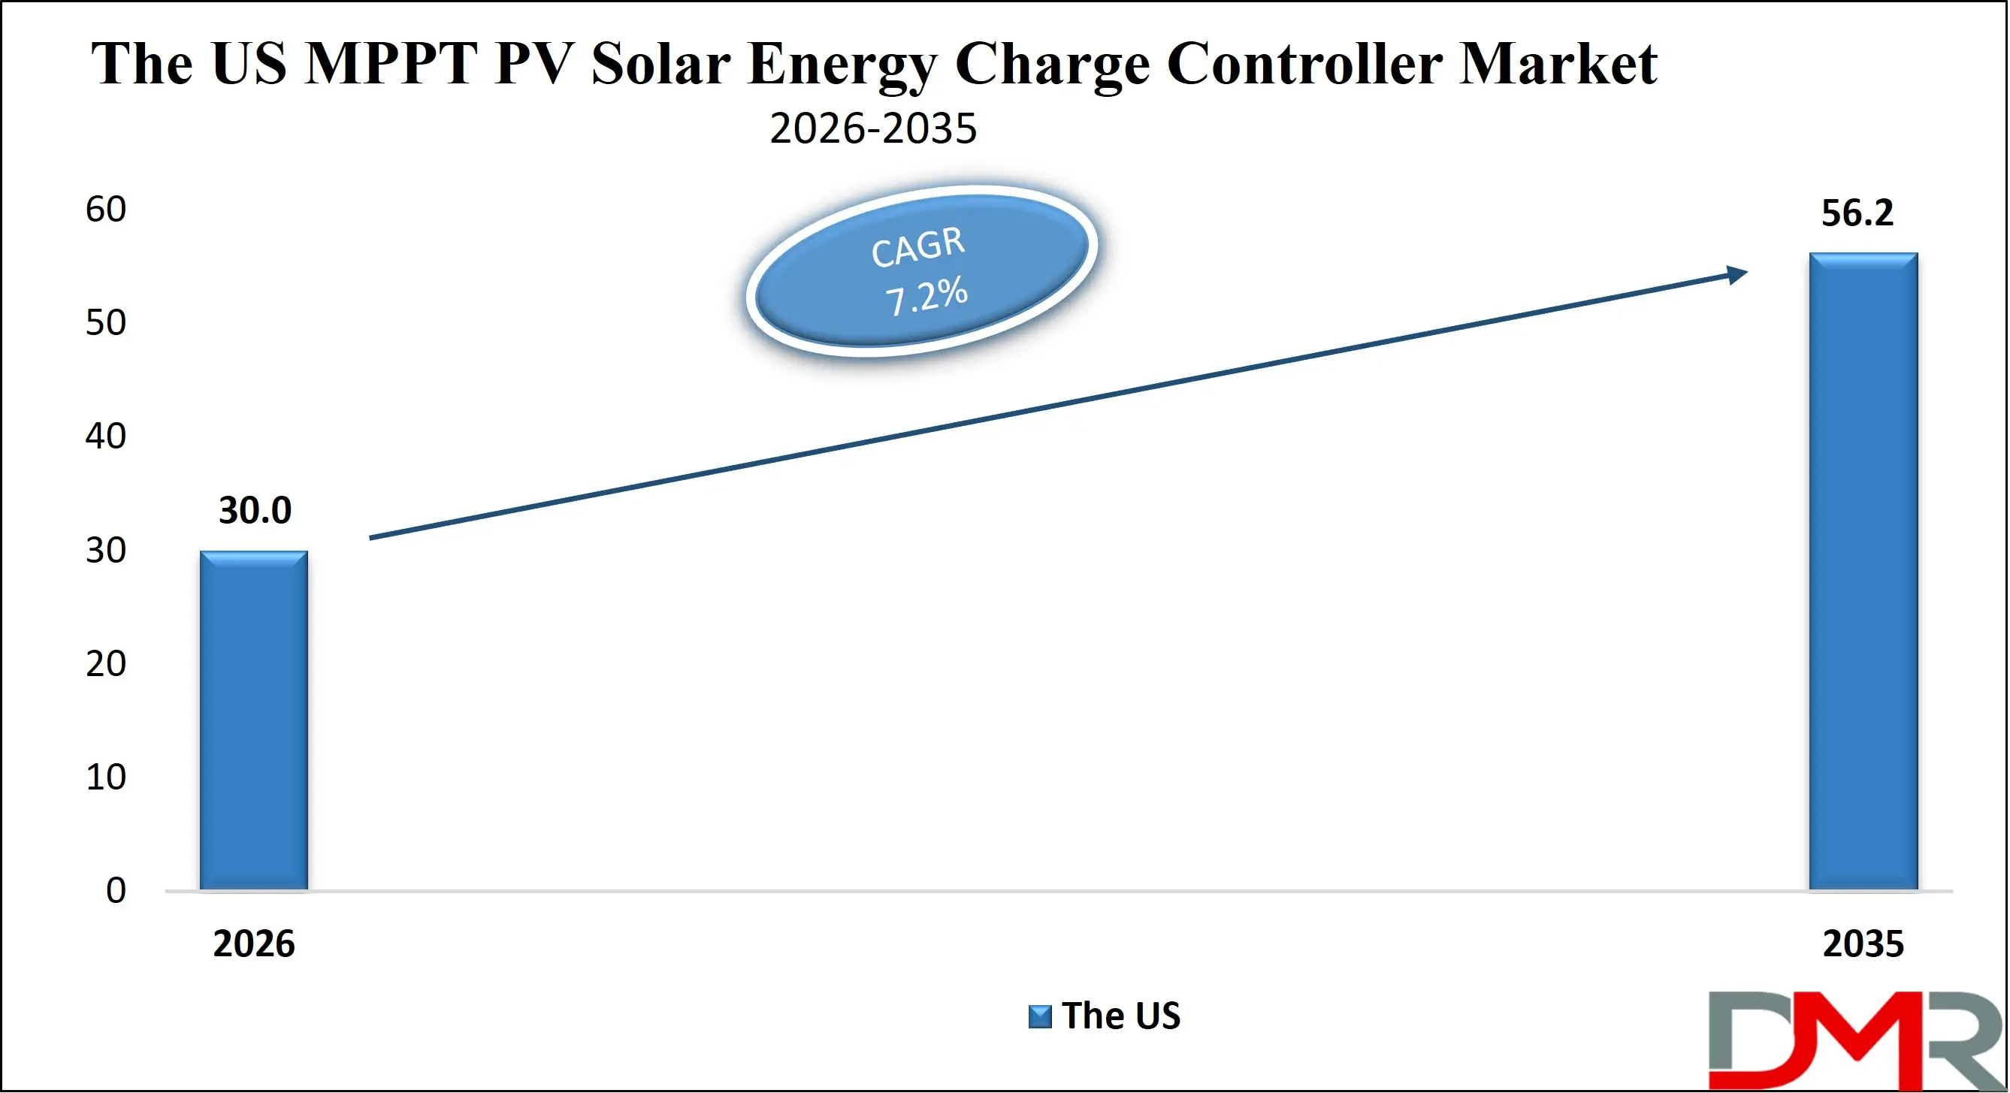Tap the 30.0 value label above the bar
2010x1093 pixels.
pos(255,511)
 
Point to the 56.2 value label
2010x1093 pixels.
pos(1856,214)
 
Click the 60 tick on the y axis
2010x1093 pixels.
pos(105,210)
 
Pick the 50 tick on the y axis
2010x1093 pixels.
pos(105,323)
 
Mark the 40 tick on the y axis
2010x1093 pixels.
pos(105,436)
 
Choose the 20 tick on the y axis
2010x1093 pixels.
pos(105,664)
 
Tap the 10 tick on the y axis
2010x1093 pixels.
pos(105,777)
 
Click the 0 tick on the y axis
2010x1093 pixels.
pos(116,891)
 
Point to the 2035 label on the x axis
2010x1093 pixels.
pos(1863,944)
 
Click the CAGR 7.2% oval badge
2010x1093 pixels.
pos(920,271)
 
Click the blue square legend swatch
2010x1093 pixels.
pos(1039,1016)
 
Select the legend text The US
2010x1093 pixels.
pos(1120,1016)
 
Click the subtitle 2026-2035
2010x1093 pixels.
pos(872,128)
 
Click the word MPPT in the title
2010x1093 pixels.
pos(390,64)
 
